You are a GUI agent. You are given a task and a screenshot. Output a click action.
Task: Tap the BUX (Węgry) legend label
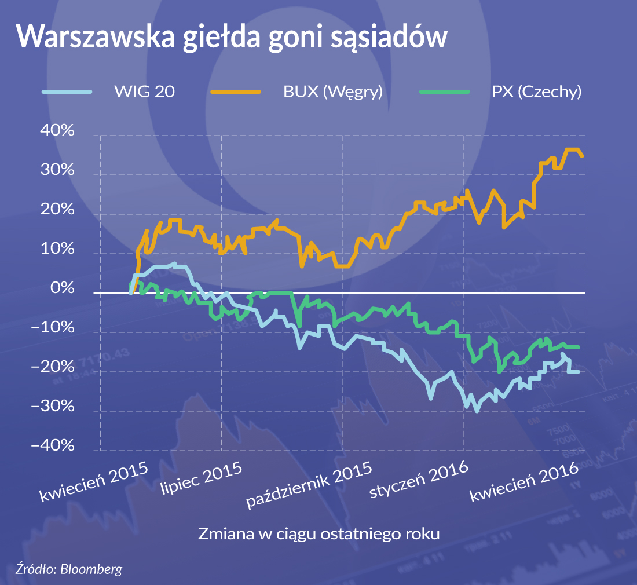pos(333,92)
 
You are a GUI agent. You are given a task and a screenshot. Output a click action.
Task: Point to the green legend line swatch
pos(444,92)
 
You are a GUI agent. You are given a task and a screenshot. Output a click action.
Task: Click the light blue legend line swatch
pos(67,92)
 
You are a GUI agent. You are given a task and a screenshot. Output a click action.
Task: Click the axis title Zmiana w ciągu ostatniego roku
pos(319,533)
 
